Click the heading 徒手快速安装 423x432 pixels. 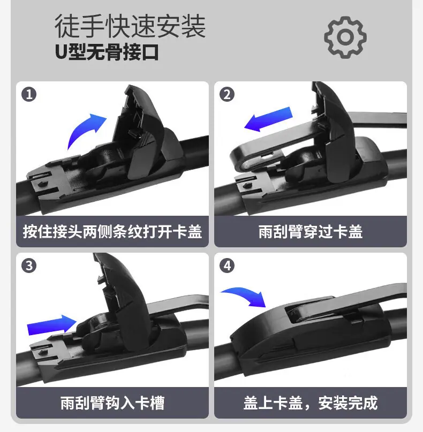coord(130,26)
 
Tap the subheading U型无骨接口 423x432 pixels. coord(107,52)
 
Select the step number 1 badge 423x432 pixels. coord(29,94)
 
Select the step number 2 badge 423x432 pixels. coord(227,94)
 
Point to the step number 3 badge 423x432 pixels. coord(29,266)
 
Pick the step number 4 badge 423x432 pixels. coord(227,266)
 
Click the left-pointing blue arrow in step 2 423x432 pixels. coord(268,119)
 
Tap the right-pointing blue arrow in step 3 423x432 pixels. coord(51,325)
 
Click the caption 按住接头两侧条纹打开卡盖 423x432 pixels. coord(112,231)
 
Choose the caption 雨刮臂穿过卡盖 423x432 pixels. coord(311,231)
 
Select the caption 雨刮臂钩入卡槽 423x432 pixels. coord(112,403)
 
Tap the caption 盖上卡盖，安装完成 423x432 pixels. coord(311,403)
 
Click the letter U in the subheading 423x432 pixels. coord(61,52)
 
